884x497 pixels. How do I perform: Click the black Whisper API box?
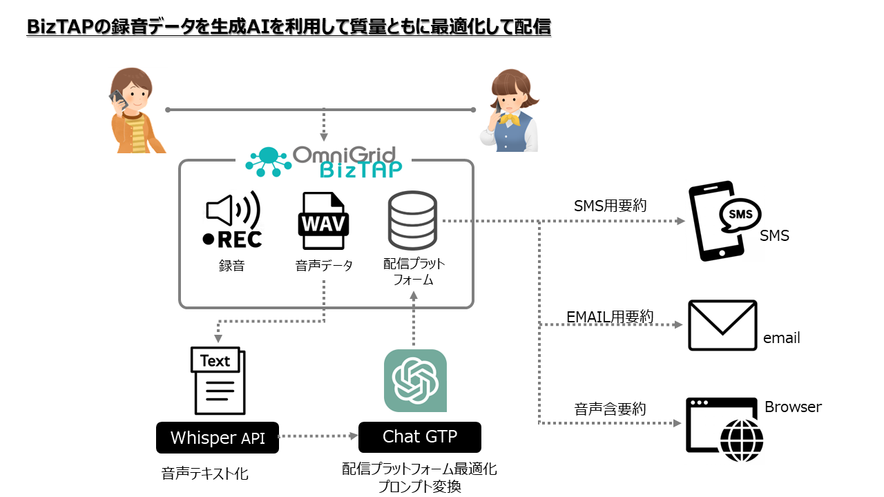[218, 438]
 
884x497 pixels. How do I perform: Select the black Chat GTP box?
[419, 437]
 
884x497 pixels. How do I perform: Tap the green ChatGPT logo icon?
[415, 380]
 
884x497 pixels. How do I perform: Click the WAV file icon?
[323, 221]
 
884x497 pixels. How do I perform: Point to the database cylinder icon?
[412, 220]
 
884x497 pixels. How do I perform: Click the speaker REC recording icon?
[232, 220]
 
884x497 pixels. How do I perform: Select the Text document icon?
[218, 380]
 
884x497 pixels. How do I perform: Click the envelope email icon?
[722, 325]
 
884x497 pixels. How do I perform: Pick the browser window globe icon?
[724, 425]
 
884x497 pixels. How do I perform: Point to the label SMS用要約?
[611, 206]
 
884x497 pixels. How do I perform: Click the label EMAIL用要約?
[610, 316]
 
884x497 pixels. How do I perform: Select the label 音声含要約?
[610, 409]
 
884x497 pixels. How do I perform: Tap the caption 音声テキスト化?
[205, 474]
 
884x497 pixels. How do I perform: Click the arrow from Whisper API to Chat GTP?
[318, 436]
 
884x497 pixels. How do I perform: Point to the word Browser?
[793, 407]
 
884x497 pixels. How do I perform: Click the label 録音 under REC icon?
[232, 265]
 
